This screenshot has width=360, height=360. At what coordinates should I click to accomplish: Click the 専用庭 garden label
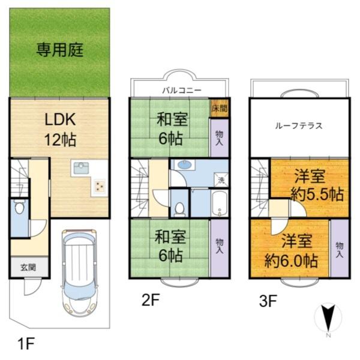59,49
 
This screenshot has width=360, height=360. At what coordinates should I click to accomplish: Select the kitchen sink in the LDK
81,168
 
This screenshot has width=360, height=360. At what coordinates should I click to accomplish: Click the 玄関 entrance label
19,267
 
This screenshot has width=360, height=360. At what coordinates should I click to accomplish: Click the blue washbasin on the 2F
185,166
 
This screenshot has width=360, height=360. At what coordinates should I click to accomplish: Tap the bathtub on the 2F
220,203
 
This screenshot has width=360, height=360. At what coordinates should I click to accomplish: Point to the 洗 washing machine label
221,180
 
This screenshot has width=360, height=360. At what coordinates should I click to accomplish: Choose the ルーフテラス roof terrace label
299,126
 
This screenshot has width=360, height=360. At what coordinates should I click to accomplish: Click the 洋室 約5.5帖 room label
308,185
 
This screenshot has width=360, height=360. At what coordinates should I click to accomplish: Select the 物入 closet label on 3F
340,250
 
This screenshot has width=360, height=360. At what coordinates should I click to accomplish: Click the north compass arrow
328,317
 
